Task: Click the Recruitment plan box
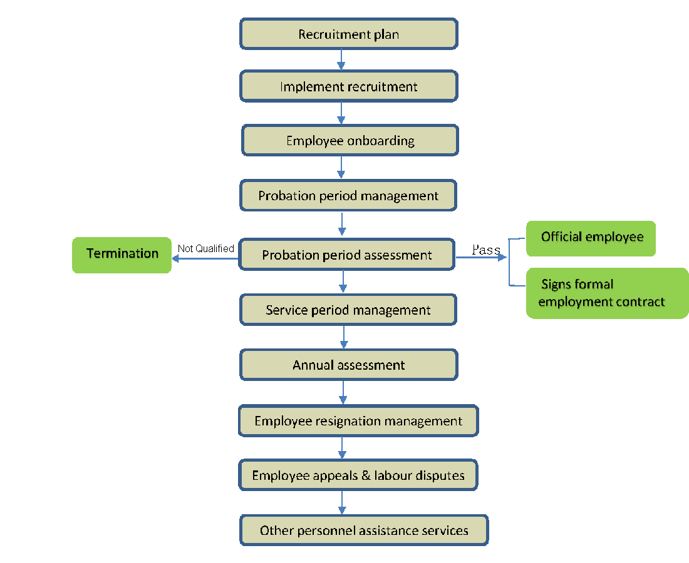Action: click(x=348, y=34)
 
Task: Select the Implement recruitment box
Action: click(x=348, y=86)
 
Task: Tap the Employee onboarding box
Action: click(x=350, y=141)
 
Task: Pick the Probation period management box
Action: click(x=348, y=196)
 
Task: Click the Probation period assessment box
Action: click(x=346, y=255)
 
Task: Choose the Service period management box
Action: click(x=348, y=310)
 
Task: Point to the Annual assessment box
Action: click(x=348, y=365)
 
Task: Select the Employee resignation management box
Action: click(x=358, y=421)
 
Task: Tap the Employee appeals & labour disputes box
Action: click(x=358, y=475)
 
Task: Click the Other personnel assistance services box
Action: click(x=363, y=530)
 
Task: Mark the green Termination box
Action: click(x=122, y=255)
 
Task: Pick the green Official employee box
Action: click(x=591, y=238)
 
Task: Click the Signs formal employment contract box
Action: click(x=606, y=293)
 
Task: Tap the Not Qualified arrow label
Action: click(x=205, y=248)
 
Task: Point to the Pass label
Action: click(x=486, y=250)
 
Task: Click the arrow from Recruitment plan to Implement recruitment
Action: click(x=341, y=59)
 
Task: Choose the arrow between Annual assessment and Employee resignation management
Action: click(x=343, y=392)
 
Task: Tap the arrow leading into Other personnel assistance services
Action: click(x=342, y=502)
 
